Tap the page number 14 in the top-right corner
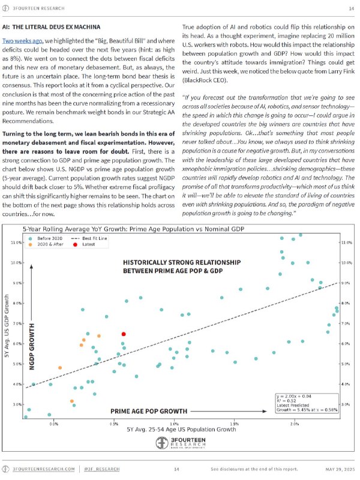[351, 8]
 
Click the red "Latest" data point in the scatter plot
[124, 334]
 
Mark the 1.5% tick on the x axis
[235, 424]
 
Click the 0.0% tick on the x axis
[54, 424]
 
